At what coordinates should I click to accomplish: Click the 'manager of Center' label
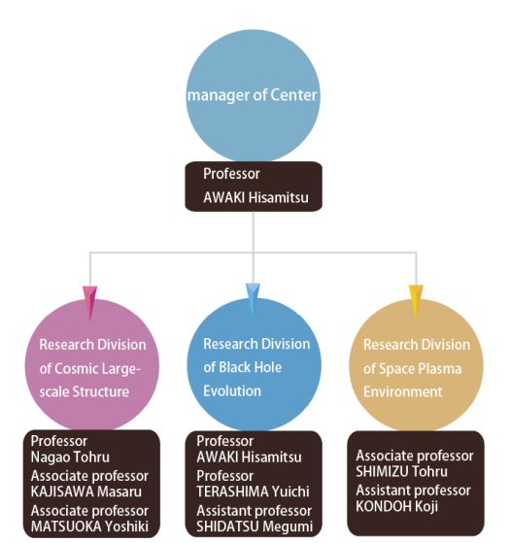point(252,95)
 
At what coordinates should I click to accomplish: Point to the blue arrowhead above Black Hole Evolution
point(253,299)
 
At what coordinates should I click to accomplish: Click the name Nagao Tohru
point(70,458)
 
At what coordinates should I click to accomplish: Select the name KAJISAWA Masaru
point(86,492)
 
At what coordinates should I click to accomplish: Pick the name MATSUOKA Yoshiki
point(89,526)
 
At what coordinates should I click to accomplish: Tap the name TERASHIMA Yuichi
point(253,492)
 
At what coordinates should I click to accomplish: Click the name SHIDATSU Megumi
point(255,526)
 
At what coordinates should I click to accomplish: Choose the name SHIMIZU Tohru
point(401,471)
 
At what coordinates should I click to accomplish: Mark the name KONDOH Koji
point(396,506)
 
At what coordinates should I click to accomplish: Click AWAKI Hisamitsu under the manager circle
point(255,197)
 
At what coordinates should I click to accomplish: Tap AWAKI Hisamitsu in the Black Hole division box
point(249,458)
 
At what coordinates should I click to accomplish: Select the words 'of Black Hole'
point(242,367)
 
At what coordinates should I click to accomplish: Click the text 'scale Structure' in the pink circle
point(85,391)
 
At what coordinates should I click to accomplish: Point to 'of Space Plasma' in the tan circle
point(412,368)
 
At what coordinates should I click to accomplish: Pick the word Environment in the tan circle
point(403,391)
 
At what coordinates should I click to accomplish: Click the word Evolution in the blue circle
point(232,390)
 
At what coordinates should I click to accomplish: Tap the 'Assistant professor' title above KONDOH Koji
point(413,491)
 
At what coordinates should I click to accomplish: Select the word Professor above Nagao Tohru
point(59,441)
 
